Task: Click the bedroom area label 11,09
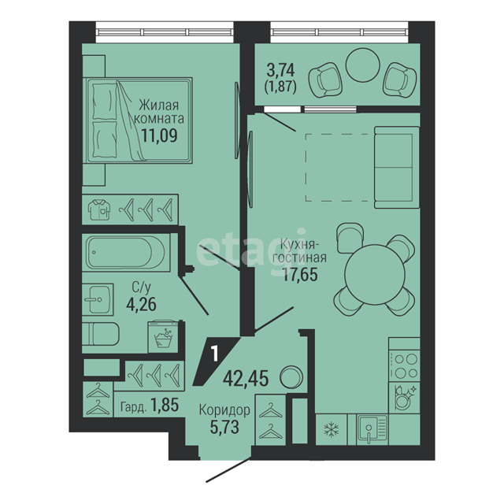159,135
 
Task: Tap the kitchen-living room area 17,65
300,274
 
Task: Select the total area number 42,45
246,378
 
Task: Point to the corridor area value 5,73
224,427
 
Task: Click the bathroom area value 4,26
142,304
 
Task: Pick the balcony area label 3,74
280,70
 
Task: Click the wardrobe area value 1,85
165,405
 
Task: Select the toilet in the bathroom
101,334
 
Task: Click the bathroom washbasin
98,299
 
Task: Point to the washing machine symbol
163,336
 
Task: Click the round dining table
375,274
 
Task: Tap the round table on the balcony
362,65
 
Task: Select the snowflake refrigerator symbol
332,429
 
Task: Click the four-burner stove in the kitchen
404,365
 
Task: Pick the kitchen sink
372,430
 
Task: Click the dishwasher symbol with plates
404,398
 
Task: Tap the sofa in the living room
397,167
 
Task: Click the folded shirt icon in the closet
99,210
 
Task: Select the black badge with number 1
216,361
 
